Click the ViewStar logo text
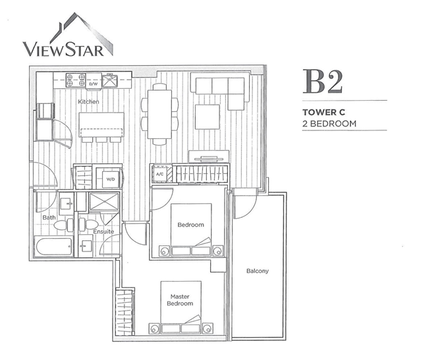pos(63,49)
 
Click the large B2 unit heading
pos(323,82)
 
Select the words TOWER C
pos(323,112)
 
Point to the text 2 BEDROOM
pos(329,124)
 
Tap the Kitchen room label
pos(88,101)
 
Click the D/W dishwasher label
pos(93,84)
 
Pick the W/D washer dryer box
pos(111,179)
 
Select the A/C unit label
pos(159,174)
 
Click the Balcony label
pos(258,271)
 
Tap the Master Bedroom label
pos(180,300)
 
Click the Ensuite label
pos(103,231)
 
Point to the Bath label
pos(49,217)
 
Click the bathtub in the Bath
pos(54,247)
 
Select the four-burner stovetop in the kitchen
pos(76,80)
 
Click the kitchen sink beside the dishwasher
pos(110,82)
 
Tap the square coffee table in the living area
pos(208,117)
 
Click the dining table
pos(159,114)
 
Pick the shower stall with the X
pos(103,201)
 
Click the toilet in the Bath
pos(64,225)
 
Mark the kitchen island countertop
pos(101,125)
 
